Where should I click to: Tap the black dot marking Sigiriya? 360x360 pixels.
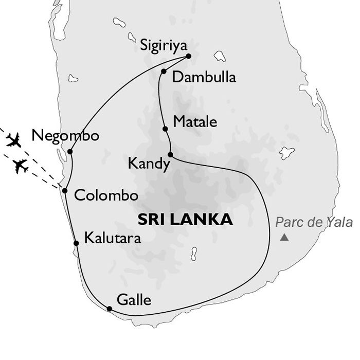point(189,56)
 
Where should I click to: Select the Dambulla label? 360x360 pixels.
point(204,77)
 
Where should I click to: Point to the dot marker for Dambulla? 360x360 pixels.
point(163,71)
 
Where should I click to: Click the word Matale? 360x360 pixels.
point(195,122)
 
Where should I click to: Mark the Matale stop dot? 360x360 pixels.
point(165,129)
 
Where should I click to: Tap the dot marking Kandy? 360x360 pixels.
point(170,154)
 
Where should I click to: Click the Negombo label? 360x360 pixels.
point(65,136)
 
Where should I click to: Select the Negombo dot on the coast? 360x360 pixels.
point(70,151)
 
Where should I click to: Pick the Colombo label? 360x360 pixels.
point(106,195)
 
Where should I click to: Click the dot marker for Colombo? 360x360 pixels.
point(65,190)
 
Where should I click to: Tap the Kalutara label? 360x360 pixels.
point(112,238)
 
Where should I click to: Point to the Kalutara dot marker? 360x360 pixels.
point(76,243)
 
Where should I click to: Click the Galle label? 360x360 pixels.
point(134,299)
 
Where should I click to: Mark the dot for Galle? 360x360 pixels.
point(109,309)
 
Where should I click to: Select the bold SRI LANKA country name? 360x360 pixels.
point(185,220)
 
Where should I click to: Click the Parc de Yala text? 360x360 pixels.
point(314,222)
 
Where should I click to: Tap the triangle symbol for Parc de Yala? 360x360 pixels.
point(284,238)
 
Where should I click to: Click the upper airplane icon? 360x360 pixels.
point(14,139)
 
